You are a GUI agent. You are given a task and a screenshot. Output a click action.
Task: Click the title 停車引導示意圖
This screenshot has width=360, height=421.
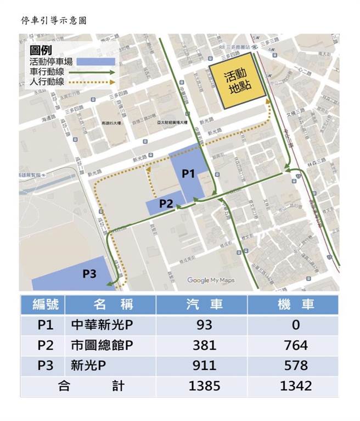click(54, 20)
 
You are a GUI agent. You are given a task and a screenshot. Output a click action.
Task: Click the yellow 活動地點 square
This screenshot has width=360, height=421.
click(238, 84)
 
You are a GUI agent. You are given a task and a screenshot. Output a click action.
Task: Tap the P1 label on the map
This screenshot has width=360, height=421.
click(188, 173)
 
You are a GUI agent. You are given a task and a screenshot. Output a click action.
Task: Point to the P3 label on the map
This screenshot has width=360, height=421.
click(90, 273)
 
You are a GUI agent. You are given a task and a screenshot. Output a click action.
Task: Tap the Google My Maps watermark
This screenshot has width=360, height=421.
click(211, 280)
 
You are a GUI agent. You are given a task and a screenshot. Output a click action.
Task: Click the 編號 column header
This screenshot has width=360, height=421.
click(42, 304)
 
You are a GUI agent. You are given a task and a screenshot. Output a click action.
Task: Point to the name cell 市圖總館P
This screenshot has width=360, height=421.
click(103, 345)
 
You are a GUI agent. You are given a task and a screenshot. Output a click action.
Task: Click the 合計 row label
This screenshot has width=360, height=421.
click(88, 386)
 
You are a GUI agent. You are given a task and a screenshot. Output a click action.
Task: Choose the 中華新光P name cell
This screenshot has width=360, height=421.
click(103, 325)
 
